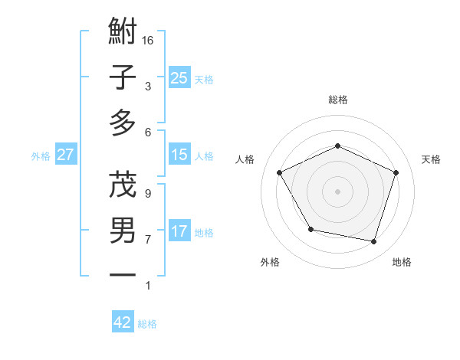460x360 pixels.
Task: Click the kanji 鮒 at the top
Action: (123, 33)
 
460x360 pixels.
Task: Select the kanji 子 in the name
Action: (123, 77)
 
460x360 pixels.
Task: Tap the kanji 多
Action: (123, 122)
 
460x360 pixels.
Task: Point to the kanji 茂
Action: (123, 185)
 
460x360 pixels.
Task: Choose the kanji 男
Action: (123, 230)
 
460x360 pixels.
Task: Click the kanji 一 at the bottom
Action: (123, 274)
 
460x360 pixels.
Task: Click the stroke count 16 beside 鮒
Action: (149, 40)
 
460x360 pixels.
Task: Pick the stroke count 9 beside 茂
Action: (147, 194)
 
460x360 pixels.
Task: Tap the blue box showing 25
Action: (179, 78)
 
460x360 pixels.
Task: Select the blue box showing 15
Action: (179, 155)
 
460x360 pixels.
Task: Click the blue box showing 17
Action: (179, 231)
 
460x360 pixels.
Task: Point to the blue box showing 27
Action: (65, 155)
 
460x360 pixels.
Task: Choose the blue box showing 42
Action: (123, 322)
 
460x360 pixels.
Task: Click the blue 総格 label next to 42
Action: (147, 324)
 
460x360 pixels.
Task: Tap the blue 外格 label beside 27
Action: (41, 156)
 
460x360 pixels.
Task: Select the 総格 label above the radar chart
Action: (337, 100)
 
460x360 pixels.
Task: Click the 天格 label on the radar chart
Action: (431, 159)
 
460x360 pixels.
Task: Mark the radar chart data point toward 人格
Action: (280, 172)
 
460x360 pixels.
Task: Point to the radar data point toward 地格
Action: (373, 241)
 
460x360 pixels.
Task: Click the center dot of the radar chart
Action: (337, 191)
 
